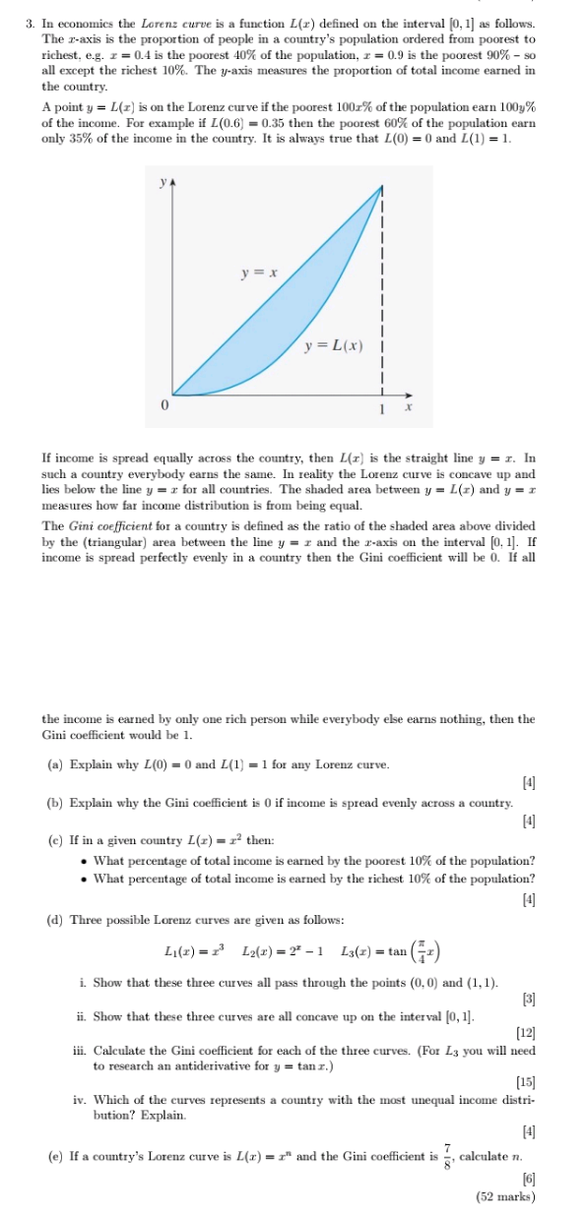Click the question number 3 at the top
tap(32, 23)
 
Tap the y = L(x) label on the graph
tap(333, 345)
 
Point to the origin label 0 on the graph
tap(165, 404)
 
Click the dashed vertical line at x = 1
tap(380, 295)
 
